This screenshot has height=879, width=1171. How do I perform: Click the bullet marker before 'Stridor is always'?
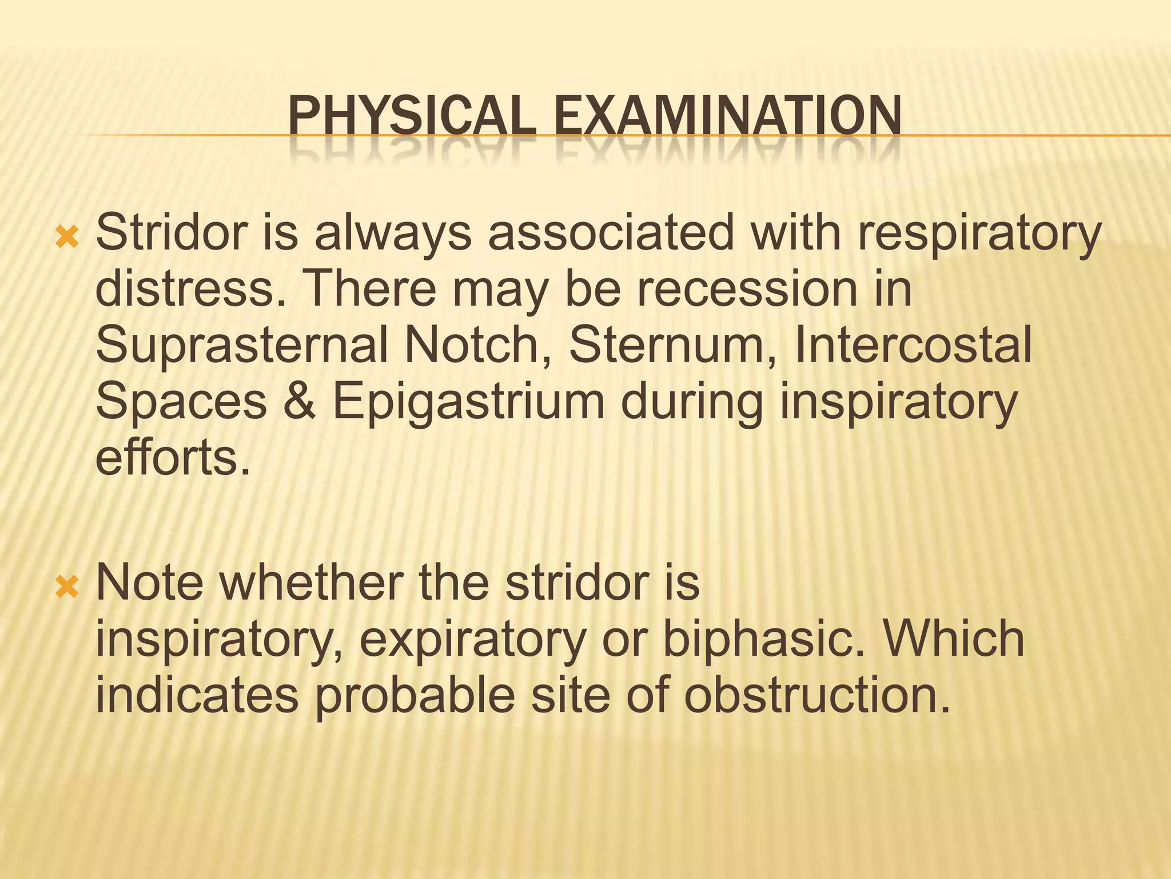pos(67,236)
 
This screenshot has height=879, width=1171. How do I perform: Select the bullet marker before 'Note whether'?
pos(67,587)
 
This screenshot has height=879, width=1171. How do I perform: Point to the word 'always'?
pos(393,233)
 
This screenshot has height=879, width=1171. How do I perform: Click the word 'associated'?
pos(611,233)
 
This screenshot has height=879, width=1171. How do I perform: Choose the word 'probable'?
pos(415,696)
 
